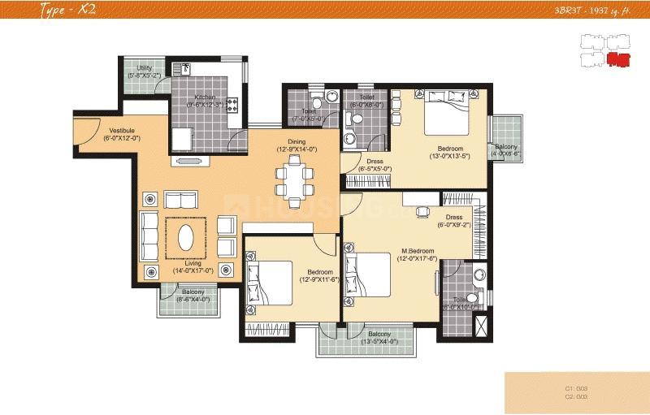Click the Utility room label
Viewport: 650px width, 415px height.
[x=144, y=71]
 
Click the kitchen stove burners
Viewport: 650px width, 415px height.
[x=231, y=104]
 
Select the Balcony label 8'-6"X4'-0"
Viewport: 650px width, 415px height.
[x=193, y=296]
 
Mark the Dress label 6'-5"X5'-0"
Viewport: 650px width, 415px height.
[x=375, y=165]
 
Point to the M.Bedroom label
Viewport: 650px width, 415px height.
[x=418, y=254]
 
